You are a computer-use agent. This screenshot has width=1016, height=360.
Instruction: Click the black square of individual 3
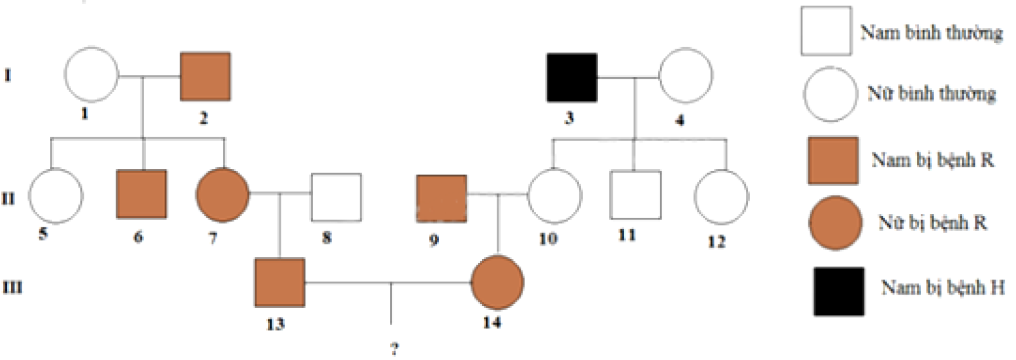[572, 77]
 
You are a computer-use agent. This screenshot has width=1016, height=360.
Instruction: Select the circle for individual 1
[91, 74]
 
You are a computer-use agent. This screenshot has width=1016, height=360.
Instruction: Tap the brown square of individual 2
[205, 76]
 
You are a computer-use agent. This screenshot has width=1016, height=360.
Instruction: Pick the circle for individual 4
[685, 76]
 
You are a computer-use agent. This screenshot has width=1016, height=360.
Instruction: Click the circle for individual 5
[56, 196]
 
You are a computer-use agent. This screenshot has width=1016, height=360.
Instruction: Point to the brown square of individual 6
[142, 194]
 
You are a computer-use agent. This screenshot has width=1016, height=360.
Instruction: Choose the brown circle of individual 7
[222, 194]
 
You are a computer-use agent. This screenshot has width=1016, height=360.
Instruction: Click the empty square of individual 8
[336, 197]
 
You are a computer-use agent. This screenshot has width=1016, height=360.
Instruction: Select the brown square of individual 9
[441, 199]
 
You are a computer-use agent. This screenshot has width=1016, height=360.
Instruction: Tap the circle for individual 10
[554, 196]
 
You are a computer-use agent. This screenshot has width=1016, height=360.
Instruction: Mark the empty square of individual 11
[635, 195]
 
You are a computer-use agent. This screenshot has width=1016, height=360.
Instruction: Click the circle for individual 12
[721, 197]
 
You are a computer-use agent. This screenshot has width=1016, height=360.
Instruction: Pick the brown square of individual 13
[279, 283]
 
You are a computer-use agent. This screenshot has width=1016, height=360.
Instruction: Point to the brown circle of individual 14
[497, 283]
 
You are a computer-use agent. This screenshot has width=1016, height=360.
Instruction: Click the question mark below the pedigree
[394, 349]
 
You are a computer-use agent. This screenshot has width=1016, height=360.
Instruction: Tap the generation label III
[12, 288]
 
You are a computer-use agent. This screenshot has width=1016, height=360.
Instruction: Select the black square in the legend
[839, 291]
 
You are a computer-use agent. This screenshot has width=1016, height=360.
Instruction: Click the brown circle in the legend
[835, 223]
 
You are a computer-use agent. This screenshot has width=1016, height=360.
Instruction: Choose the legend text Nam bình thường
[932, 32]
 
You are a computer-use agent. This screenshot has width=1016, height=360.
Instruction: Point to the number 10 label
[548, 239]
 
